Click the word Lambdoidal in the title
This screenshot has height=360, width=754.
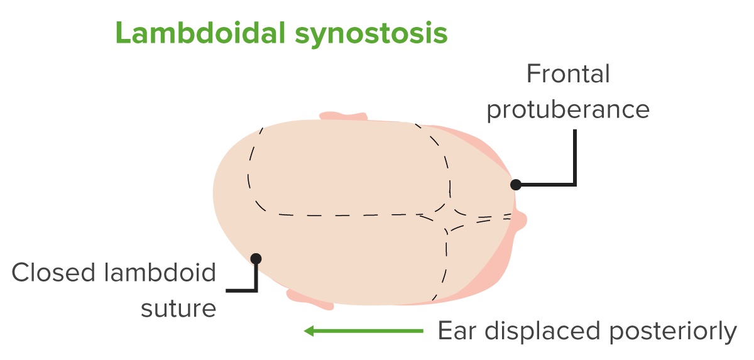pyautogui.click(x=200, y=33)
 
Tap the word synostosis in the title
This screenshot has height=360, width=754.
pyautogui.click(x=371, y=35)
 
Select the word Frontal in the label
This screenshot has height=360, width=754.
pyautogui.click(x=568, y=74)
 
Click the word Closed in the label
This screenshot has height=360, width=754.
pyautogui.click(x=53, y=272)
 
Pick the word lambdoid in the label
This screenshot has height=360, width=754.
pyautogui.click(x=160, y=272)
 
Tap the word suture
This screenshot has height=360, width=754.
pyautogui.click(x=178, y=308)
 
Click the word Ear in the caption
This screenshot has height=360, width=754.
pyautogui.click(x=457, y=330)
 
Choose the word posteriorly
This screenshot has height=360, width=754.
pyautogui.click(x=673, y=331)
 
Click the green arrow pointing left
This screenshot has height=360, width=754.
pyautogui.click(x=364, y=331)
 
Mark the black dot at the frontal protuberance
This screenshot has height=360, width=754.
pyautogui.click(x=516, y=184)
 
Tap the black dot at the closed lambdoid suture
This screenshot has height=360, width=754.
pyautogui.click(x=256, y=259)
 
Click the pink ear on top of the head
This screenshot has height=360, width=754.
pyautogui.click(x=343, y=116)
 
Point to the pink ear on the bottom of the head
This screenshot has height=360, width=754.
pyautogui.click(x=310, y=300)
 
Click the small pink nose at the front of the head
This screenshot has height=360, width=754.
pyautogui.click(x=520, y=221)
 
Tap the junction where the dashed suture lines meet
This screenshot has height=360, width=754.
pyautogui.click(x=446, y=219)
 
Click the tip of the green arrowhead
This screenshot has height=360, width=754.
pyautogui.click(x=304, y=331)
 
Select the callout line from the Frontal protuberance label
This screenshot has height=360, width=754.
pyautogui.click(x=575, y=184)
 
